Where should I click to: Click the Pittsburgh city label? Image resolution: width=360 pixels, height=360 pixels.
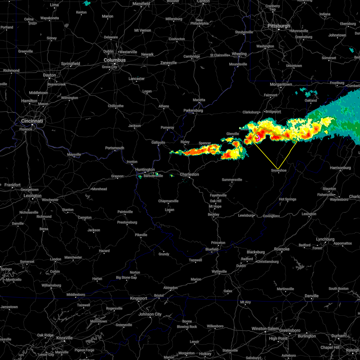pos(279,26)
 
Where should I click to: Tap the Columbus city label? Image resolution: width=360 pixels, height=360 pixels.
pos(115,60)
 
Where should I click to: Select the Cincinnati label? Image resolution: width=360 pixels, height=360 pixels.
pos(32,121)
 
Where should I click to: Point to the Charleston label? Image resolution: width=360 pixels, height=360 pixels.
pos(189,174)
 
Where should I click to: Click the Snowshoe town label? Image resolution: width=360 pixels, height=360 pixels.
pos(279,170)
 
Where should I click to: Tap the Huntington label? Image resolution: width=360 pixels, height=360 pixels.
pos(145,170)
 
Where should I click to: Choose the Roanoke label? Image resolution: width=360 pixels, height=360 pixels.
pos(282,249)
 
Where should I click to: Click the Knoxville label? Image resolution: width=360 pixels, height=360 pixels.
pos(64,338)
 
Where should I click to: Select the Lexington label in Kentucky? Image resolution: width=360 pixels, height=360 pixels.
pos(32,196)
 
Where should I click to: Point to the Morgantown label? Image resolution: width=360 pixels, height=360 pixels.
pos(281,85)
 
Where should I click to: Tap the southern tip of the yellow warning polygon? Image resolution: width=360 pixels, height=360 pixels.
pos(278,169)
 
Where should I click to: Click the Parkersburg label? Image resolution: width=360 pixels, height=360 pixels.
pos(193,111)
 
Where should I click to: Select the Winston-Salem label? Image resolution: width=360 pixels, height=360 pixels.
pos(265,329)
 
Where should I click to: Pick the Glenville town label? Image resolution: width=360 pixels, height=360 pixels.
pos(232,134)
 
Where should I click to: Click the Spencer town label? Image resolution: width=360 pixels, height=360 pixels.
pos(205,143)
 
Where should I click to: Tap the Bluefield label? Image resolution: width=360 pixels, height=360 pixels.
pos(212,249)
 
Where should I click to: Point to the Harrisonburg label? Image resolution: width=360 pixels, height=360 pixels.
pos(340,168)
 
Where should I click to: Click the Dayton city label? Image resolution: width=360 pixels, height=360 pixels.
pos(49,75)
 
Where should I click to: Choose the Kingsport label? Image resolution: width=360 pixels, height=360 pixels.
pos(139,298)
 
